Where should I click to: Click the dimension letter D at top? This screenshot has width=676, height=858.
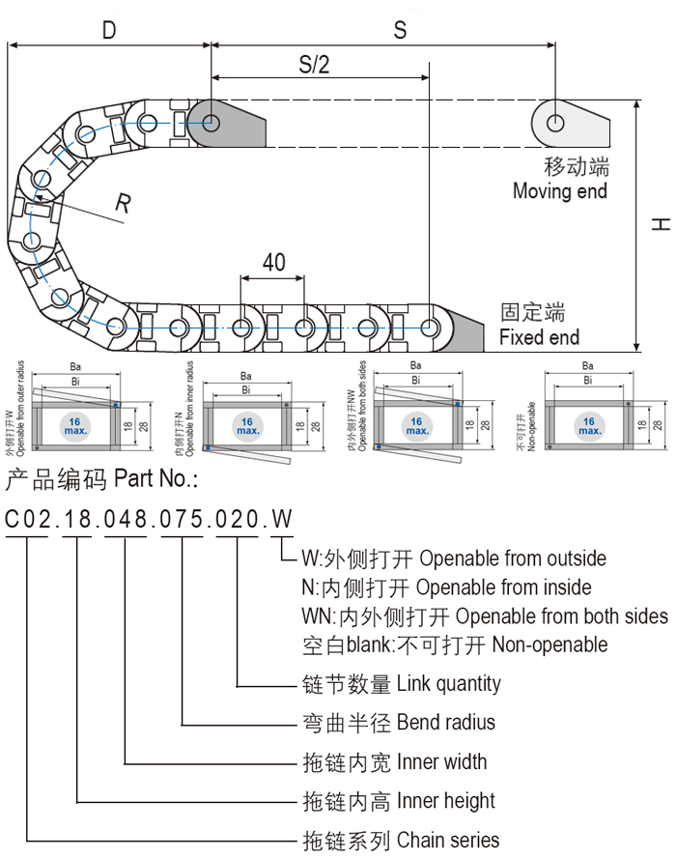click(109, 30)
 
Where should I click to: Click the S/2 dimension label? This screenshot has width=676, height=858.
click(314, 65)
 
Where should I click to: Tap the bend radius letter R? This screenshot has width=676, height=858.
click(124, 203)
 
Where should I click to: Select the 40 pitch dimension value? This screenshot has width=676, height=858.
click(273, 262)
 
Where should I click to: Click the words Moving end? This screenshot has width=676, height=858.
click(559, 191)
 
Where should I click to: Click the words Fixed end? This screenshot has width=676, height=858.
click(539, 337)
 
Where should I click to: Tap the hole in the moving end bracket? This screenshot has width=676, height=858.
click(556, 123)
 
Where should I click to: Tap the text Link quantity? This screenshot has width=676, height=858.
click(449, 684)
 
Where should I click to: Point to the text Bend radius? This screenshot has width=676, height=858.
click(445, 723)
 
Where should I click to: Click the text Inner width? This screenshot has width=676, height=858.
click(441, 762)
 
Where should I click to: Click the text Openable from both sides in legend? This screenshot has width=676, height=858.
click(561, 616)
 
